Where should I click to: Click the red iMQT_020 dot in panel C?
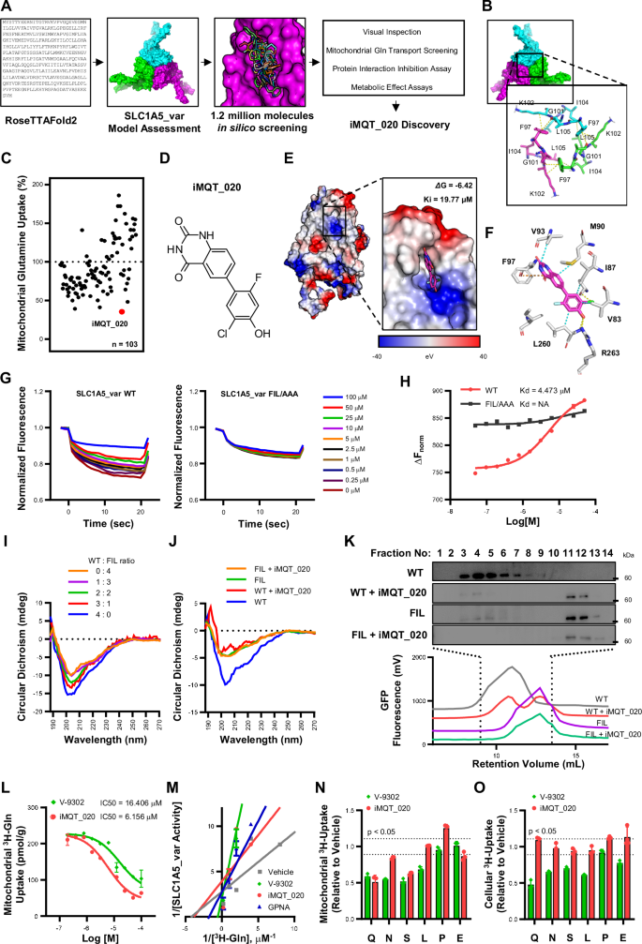[121, 312]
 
